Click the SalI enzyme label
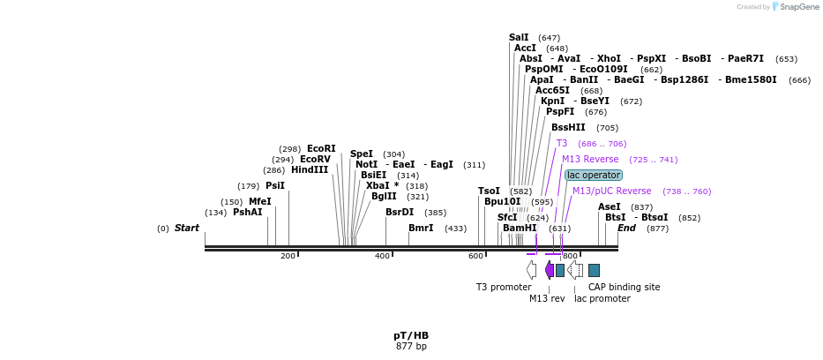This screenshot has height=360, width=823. click(x=519, y=37)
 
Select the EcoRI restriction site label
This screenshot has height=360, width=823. click(x=321, y=148)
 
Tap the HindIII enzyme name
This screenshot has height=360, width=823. click(x=310, y=169)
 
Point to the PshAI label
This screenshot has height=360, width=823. click(x=248, y=212)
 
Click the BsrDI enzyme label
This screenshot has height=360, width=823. click(x=400, y=212)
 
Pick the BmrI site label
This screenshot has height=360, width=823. click(x=421, y=228)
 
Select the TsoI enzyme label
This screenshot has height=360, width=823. click(x=489, y=191)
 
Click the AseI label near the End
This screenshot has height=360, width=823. click(x=610, y=206)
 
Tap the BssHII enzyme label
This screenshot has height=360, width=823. click(x=568, y=127)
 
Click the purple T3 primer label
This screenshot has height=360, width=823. click(x=562, y=143)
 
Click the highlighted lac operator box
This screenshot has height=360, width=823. click(x=594, y=175)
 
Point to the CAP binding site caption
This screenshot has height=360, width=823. click(x=624, y=287)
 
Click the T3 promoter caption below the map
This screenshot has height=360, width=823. click(x=504, y=287)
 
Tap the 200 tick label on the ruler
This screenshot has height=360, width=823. click(x=288, y=256)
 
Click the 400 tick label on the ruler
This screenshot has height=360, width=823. click(x=382, y=256)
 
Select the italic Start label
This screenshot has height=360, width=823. click(x=187, y=228)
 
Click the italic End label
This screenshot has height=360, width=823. click(x=626, y=228)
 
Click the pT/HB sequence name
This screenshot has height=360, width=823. click(x=411, y=335)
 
